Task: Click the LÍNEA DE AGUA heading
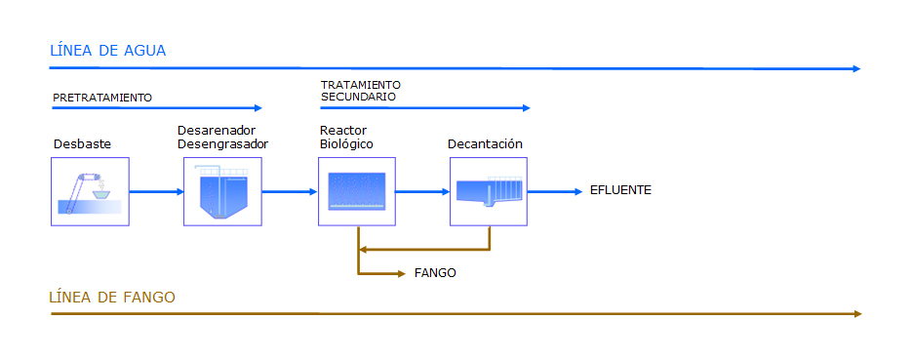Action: click(x=107, y=51)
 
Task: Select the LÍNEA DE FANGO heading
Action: click(x=112, y=298)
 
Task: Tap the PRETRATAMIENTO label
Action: click(x=102, y=98)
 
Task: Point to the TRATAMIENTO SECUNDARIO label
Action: click(x=361, y=91)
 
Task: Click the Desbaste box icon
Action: click(x=90, y=191)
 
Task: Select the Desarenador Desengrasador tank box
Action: click(x=222, y=191)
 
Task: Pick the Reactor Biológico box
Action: click(x=357, y=191)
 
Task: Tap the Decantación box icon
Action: click(x=489, y=191)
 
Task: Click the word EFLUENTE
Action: click(x=620, y=190)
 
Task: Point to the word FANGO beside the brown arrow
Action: click(x=435, y=273)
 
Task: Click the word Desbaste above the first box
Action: click(x=83, y=143)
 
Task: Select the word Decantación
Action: click(x=485, y=143)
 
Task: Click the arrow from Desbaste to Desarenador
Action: click(x=156, y=191)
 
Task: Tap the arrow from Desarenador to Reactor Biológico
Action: click(x=291, y=191)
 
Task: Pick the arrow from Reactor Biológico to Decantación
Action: click(x=423, y=191)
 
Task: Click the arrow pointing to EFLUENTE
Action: click(x=555, y=191)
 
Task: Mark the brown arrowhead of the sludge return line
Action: click(x=363, y=250)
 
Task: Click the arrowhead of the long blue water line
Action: click(x=856, y=68)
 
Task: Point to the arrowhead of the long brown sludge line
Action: click(x=857, y=314)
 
